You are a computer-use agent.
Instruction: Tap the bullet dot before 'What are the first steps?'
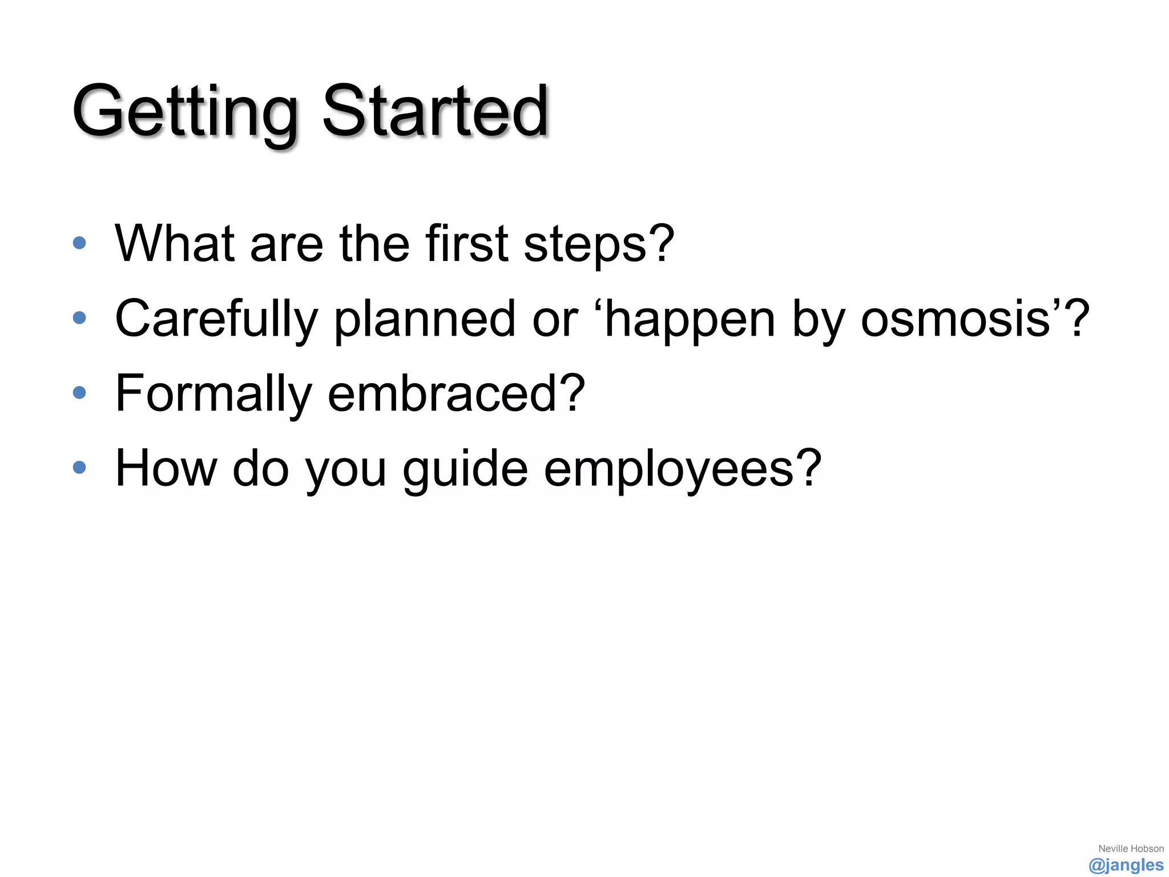tap(79, 243)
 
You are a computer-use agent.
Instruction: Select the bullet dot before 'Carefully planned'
tap(79, 317)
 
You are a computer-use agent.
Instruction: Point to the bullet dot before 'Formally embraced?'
tap(79, 392)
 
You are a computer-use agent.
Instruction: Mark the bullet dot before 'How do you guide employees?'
tap(79, 468)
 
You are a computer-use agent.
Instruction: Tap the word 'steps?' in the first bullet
tap(599, 246)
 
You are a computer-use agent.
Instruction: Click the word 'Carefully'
tap(216, 320)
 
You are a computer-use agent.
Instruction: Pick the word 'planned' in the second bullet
tap(425, 320)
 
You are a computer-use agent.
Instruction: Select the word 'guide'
tap(465, 469)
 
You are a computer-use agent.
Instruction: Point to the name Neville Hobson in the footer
tap(1131, 848)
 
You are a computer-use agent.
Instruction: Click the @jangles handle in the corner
tap(1126, 865)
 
